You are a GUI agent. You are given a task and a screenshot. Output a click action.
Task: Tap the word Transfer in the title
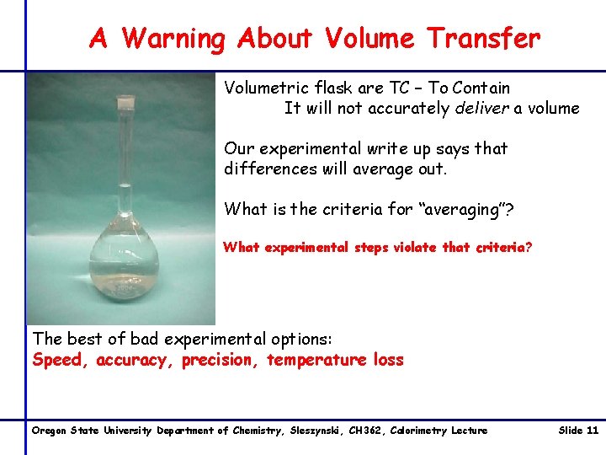click(483, 38)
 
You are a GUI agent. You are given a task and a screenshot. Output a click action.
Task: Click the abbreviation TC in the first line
click(399, 88)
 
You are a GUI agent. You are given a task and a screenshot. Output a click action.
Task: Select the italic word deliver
click(487, 108)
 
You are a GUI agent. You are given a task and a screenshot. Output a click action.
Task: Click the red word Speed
click(61, 361)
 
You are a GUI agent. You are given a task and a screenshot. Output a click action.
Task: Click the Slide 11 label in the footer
click(578, 431)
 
